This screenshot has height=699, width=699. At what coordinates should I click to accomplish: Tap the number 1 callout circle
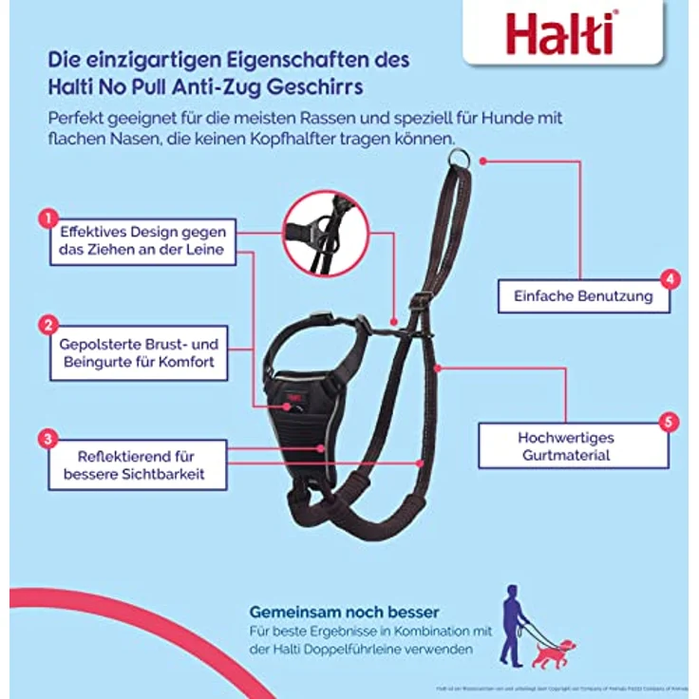[x=45, y=219]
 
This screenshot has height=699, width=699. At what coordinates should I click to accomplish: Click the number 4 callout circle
[x=671, y=279]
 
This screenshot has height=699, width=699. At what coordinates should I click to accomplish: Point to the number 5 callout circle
[x=671, y=422]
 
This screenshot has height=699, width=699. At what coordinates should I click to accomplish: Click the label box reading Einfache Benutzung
[x=583, y=296]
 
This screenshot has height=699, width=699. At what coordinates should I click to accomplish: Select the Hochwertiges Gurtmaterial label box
[x=565, y=445]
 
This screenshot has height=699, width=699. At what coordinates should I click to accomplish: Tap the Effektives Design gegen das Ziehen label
[x=142, y=241]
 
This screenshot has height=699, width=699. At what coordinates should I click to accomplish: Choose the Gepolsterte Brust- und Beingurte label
[x=140, y=352]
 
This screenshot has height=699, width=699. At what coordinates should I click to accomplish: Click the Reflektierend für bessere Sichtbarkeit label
[x=134, y=463]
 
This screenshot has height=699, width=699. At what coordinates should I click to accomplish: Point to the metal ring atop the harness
[x=462, y=160]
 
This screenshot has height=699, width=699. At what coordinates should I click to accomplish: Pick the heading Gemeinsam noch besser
[x=344, y=613]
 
